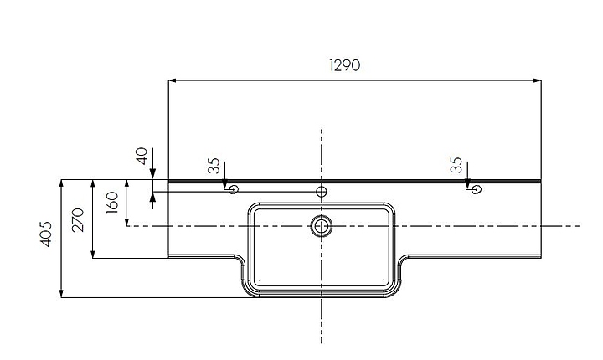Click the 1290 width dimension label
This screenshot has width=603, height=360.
click(x=345, y=65)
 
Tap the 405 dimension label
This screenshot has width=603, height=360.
click(x=46, y=234)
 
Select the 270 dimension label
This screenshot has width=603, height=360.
click(x=78, y=219)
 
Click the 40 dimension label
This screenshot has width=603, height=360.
click(x=142, y=156)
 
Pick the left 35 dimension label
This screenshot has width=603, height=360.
click(x=214, y=166)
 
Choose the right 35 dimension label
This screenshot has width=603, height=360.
click(x=456, y=165)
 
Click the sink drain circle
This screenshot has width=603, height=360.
click(x=321, y=226)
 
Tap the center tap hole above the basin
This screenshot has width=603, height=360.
click(x=321, y=191)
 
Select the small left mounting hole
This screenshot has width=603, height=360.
click(x=233, y=189)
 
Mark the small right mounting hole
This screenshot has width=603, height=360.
click(x=476, y=189)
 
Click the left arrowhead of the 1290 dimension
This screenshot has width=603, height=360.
click(x=173, y=80)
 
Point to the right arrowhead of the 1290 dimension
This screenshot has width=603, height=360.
click(x=537, y=80)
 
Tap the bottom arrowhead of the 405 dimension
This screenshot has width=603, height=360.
click(x=61, y=294)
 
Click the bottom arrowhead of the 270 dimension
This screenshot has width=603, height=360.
click(x=93, y=254)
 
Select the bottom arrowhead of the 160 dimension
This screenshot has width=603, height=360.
click(x=127, y=222)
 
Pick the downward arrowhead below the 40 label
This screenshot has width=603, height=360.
click(x=152, y=175)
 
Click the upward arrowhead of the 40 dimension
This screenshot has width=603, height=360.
click(x=152, y=196)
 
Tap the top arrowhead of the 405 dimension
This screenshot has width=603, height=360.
click(x=61, y=184)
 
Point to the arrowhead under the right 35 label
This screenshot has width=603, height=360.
click(x=467, y=184)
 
